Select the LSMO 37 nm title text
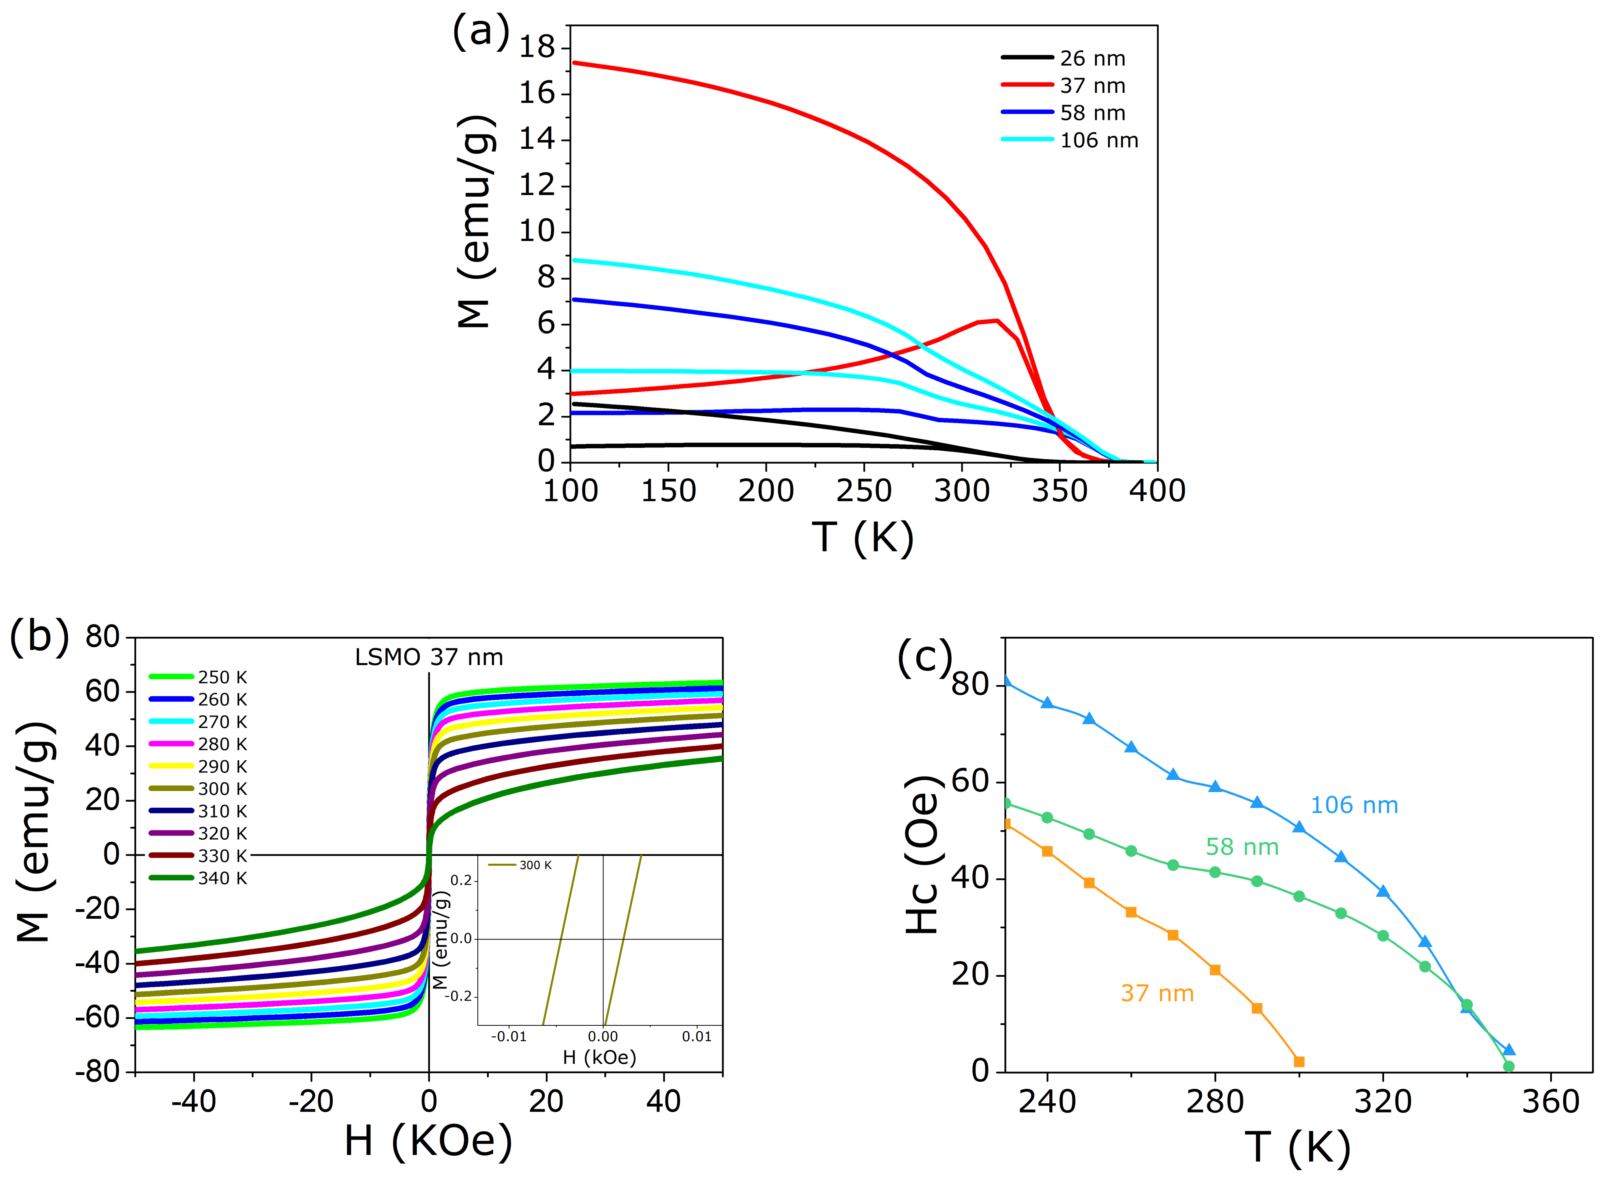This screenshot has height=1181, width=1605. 429,657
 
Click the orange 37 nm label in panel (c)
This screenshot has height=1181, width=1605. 1157,993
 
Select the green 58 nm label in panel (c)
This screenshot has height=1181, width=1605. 1242,847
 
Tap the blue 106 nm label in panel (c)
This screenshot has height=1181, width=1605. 1353,805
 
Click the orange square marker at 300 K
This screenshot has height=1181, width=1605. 1299,1061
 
